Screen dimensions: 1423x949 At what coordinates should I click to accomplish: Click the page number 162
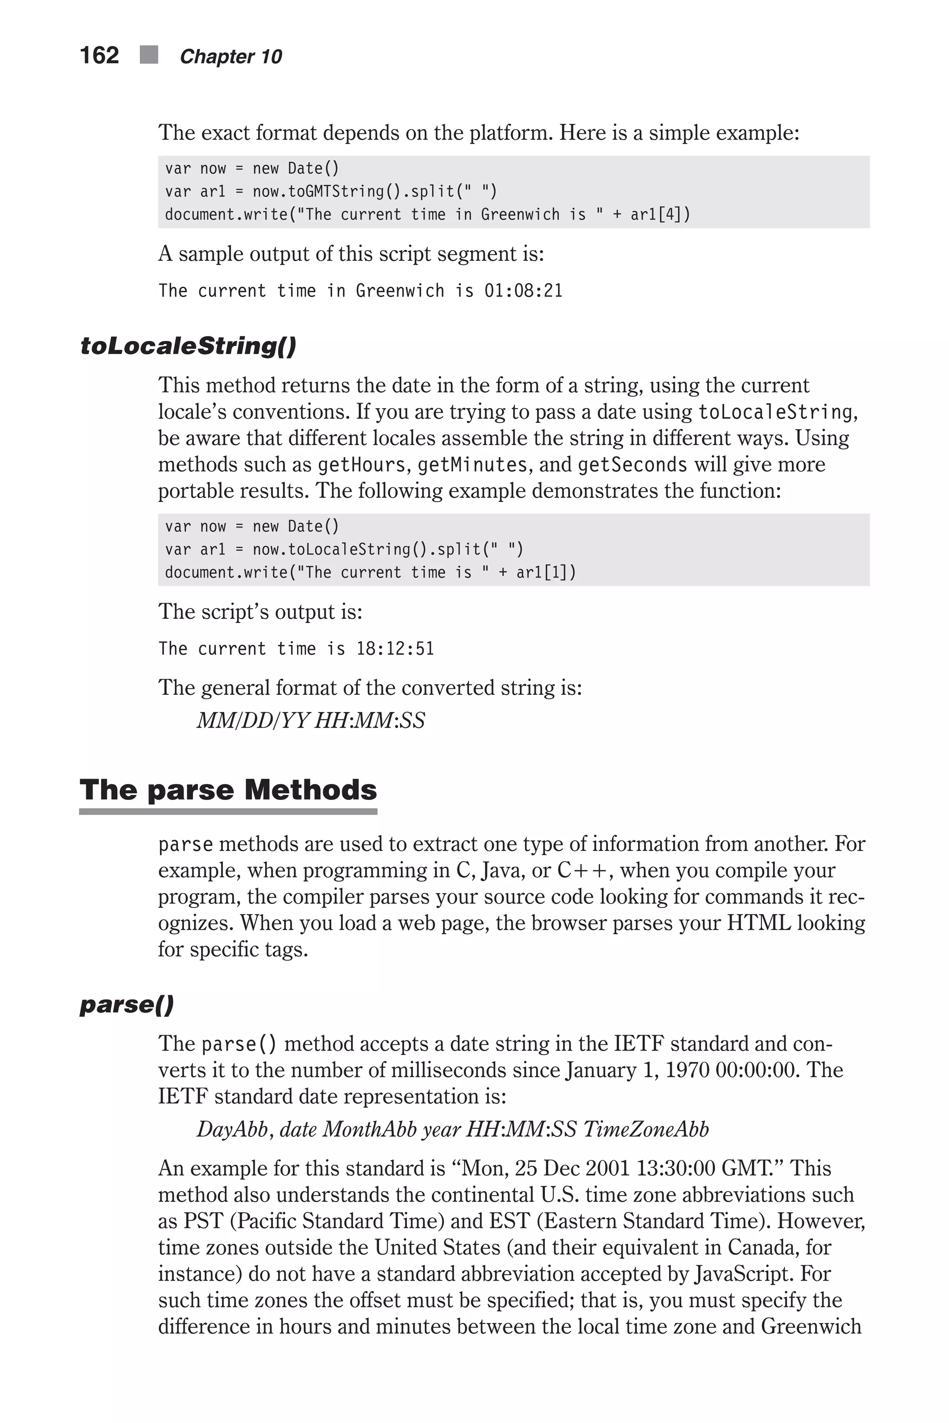point(99,56)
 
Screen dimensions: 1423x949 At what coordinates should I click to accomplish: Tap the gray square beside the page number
point(149,55)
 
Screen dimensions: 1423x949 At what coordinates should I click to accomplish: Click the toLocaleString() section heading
point(188,346)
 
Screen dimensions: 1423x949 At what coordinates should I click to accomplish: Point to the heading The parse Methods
point(228,790)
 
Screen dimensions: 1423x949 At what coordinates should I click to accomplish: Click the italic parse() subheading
point(127,1005)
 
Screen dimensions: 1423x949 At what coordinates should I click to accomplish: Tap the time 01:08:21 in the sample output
point(524,291)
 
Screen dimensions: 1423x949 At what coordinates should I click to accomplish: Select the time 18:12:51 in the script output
point(395,649)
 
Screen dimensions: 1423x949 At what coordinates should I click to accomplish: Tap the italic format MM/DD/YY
point(253,721)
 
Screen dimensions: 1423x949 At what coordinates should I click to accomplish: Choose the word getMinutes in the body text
point(472,465)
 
